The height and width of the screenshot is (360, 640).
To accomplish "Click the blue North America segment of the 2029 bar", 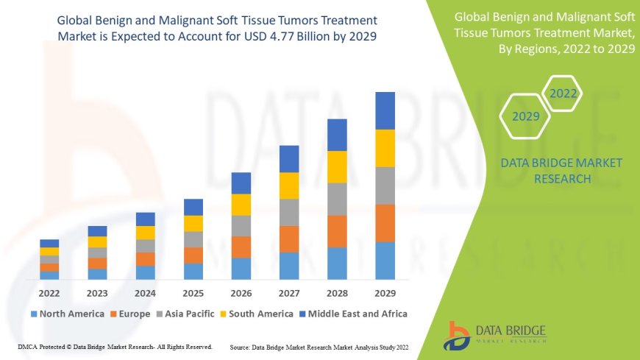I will (385, 261).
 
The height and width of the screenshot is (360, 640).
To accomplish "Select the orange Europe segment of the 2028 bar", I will (337, 231).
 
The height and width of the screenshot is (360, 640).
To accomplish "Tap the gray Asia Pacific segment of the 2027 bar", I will (289, 212).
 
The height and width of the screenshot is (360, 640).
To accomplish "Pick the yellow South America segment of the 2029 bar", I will (385, 148).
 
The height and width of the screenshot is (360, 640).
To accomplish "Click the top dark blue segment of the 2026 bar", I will (241, 183).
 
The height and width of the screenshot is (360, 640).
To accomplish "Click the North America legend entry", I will (67, 314).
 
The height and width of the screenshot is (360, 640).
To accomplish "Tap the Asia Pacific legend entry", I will (186, 314).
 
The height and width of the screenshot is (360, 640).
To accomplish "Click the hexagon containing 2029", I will (526, 116).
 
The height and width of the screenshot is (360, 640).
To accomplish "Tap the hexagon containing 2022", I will (563, 93).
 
